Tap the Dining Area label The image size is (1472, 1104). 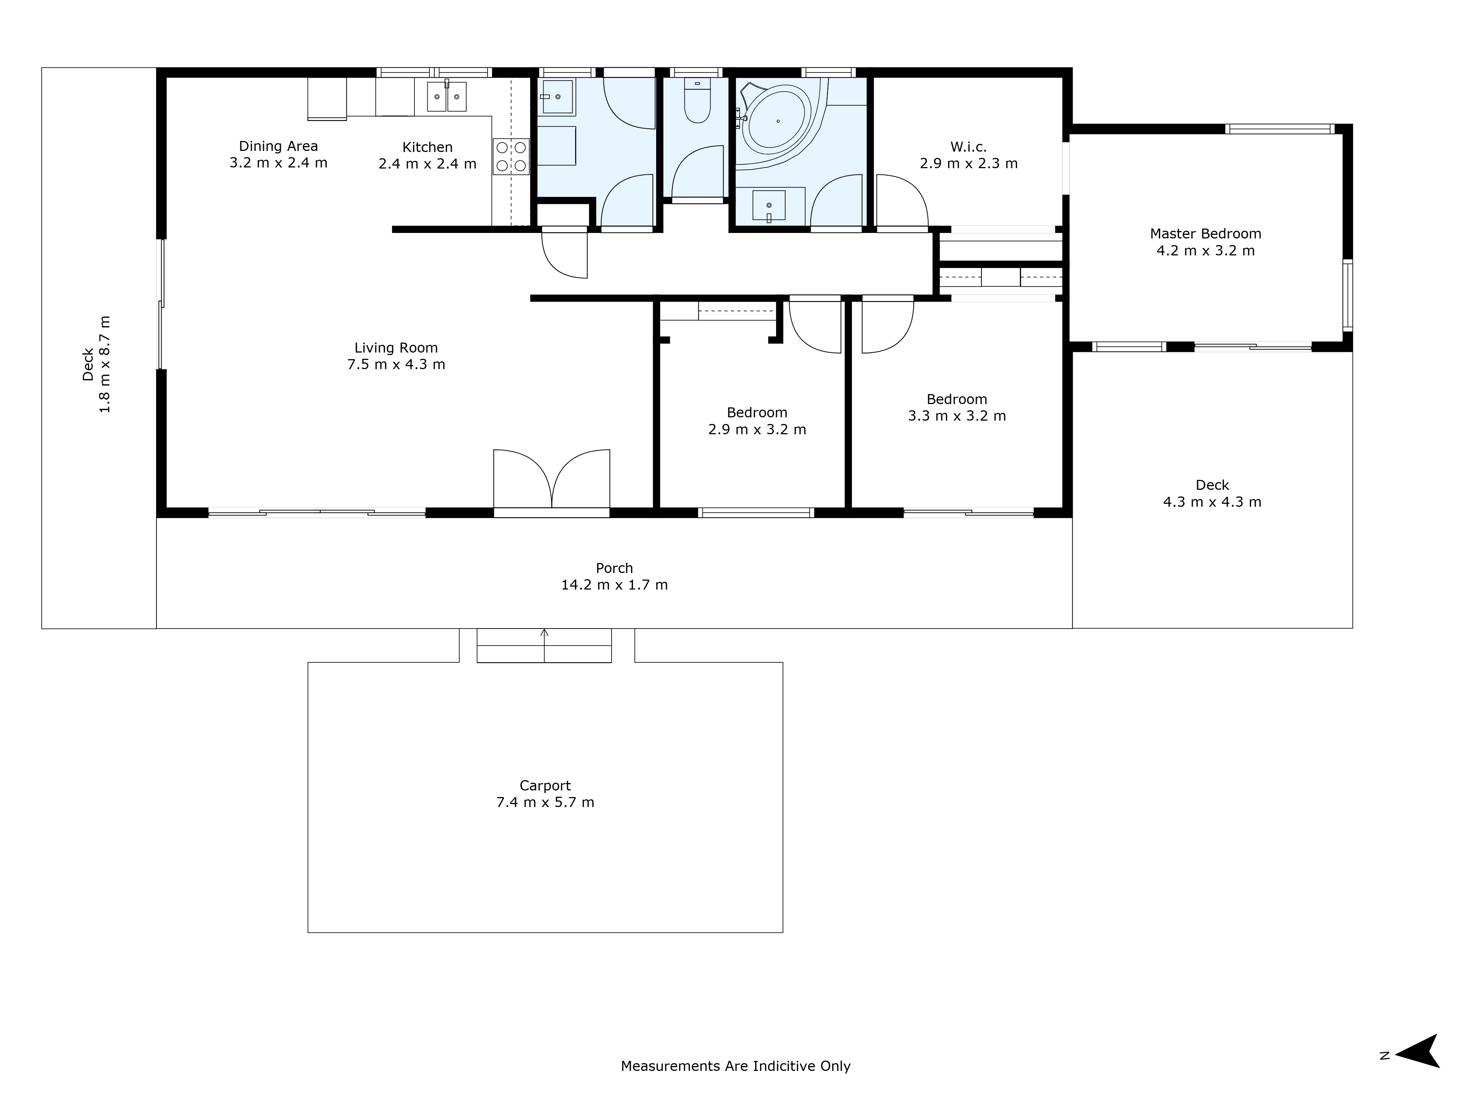point(278,146)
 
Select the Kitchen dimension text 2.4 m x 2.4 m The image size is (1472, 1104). point(427,164)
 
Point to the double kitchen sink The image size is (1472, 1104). point(446,96)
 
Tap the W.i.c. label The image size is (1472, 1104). point(968,146)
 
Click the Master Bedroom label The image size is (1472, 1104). point(1205,234)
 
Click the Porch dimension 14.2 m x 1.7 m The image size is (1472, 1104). point(614,585)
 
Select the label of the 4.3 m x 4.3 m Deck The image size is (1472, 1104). point(1212,485)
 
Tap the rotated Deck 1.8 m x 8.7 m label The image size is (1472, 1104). point(96,365)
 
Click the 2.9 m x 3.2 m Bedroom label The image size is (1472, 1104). point(757,413)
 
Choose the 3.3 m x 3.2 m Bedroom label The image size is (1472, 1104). point(957,399)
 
